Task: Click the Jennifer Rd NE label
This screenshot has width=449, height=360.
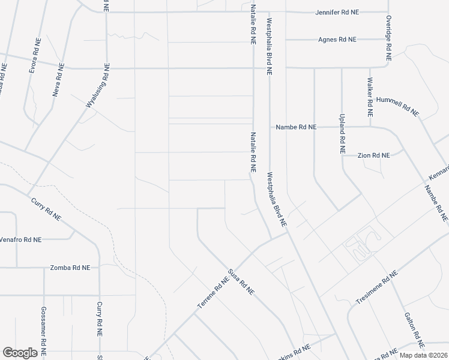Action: click(x=337, y=12)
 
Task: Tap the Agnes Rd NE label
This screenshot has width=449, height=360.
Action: click(x=337, y=40)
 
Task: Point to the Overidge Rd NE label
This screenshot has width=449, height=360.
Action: click(x=388, y=38)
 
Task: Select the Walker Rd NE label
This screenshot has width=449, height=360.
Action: click(x=370, y=97)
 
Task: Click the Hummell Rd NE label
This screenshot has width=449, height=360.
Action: click(x=397, y=106)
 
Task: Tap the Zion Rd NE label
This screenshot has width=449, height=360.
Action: click(x=373, y=155)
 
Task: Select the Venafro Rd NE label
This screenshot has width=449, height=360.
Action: click(x=20, y=239)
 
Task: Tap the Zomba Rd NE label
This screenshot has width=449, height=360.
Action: click(x=70, y=267)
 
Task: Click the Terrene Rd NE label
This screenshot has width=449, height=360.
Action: click(x=214, y=293)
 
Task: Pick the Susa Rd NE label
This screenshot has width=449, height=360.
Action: click(x=240, y=282)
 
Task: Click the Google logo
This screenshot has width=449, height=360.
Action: click(x=19, y=353)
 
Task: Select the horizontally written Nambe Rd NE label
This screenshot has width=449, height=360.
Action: click(x=295, y=127)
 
